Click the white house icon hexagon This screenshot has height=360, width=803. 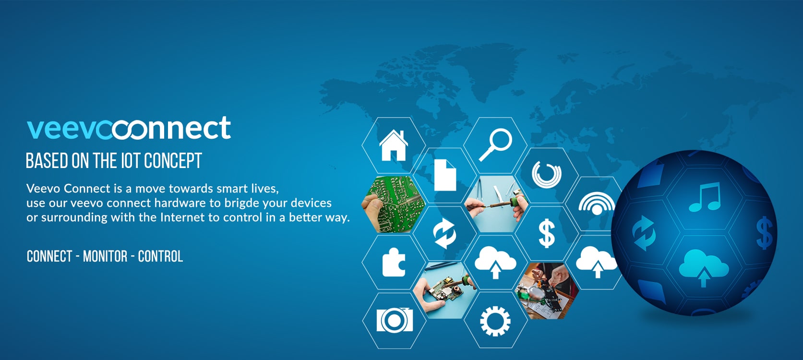(x=394, y=145)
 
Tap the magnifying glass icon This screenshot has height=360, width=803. (x=495, y=144)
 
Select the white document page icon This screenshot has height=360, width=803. (x=445, y=175)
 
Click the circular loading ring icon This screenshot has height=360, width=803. (x=546, y=174)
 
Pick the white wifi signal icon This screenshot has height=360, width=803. (x=597, y=204)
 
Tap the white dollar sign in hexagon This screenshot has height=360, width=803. (x=547, y=233)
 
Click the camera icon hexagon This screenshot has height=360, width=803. (x=394, y=320)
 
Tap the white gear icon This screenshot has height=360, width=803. (x=495, y=321)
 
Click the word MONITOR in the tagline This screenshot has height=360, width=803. (x=105, y=256)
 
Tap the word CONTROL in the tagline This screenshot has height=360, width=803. (x=160, y=256)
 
